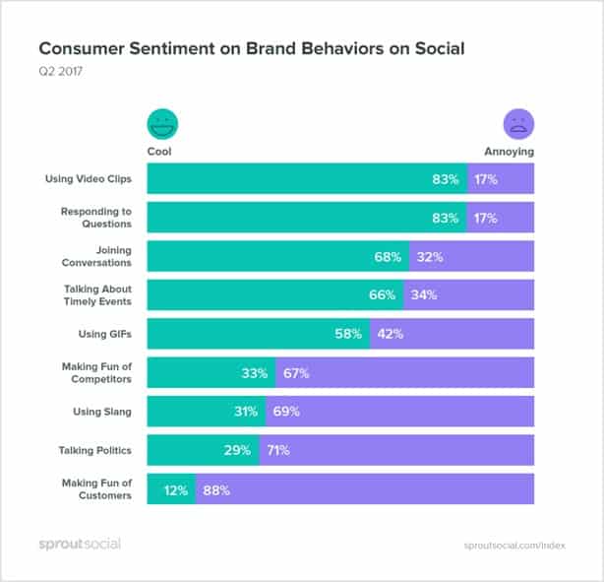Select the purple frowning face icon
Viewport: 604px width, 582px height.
click(x=518, y=124)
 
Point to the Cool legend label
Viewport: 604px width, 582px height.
click(x=159, y=152)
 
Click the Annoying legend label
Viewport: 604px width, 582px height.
click(x=509, y=152)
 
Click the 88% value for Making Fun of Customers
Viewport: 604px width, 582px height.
click(x=216, y=489)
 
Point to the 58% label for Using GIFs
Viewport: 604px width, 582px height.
click(x=348, y=334)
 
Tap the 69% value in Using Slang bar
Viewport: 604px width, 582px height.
click(x=286, y=412)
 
